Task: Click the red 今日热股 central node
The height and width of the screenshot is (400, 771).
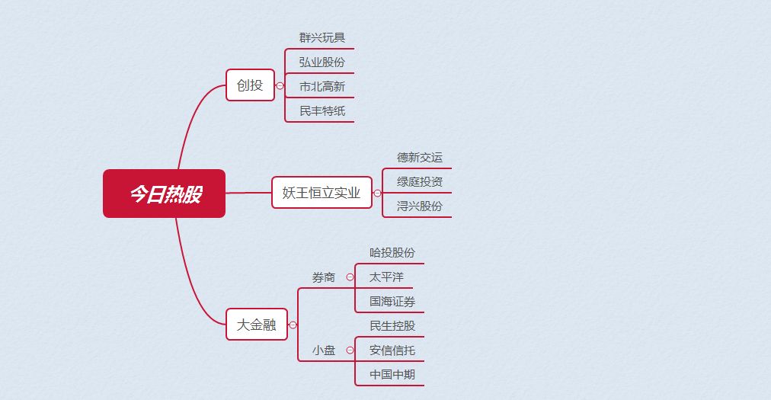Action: [x=165, y=194]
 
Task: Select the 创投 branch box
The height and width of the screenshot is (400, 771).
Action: [x=251, y=85]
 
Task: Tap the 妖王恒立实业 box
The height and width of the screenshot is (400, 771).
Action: [x=322, y=192]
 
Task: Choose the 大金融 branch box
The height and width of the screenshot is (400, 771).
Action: [x=257, y=325]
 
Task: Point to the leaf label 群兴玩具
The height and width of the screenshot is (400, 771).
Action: [x=322, y=37]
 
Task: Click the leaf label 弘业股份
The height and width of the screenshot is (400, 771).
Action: [x=322, y=62]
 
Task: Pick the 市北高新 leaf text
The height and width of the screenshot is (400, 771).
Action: [x=322, y=87]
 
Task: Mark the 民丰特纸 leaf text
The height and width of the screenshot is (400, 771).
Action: [x=322, y=110]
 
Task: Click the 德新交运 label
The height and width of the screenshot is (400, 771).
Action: [x=420, y=158]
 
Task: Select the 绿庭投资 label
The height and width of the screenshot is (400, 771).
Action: [x=420, y=181]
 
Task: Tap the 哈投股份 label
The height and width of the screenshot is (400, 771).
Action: [x=392, y=252]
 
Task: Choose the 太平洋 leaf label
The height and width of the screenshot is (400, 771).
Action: [x=386, y=277]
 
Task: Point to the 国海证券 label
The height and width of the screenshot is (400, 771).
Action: [x=392, y=301]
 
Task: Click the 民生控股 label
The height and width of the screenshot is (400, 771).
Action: [x=392, y=325]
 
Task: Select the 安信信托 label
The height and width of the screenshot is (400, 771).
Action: [x=392, y=350]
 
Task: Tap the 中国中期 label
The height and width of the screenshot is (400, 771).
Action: [x=392, y=374]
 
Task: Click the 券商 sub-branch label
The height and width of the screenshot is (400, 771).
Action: [x=324, y=277]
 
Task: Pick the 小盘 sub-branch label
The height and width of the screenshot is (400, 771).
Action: [x=324, y=350]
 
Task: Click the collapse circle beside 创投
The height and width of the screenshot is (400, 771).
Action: [x=280, y=85]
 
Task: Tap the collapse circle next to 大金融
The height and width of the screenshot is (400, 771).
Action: [x=293, y=325]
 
